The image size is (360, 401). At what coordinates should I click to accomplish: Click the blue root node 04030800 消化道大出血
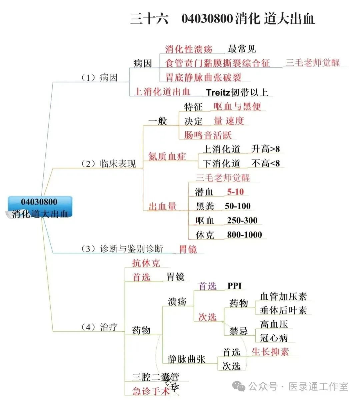(40, 207)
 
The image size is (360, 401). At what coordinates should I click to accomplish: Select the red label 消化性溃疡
(189, 49)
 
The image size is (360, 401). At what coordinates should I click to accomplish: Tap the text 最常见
(242, 49)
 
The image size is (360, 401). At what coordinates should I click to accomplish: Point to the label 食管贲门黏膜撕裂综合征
(217, 63)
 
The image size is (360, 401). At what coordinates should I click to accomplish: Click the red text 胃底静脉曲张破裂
(203, 77)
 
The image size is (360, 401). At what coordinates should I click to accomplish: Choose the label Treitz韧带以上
(237, 92)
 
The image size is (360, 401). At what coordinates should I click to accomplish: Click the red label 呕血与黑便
(237, 106)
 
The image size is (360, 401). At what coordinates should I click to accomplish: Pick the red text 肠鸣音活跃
(208, 135)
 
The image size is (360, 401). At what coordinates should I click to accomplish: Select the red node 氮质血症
(167, 156)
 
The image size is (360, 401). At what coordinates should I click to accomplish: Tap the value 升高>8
(265, 149)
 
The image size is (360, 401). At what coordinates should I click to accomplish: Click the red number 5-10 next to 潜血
(235, 192)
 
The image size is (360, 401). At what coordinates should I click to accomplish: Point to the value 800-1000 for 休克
(244, 235)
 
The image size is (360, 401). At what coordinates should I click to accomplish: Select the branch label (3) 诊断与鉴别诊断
(122, 249)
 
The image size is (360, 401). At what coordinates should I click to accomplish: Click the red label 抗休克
(146, 263)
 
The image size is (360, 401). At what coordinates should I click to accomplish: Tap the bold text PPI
(234, 286)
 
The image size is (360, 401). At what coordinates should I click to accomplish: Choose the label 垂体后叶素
(283, 310)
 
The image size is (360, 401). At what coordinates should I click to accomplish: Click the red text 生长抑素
(270, 352)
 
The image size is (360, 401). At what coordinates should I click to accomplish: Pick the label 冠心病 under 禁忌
(274, 338)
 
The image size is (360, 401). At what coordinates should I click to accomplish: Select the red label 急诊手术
(151, 391)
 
